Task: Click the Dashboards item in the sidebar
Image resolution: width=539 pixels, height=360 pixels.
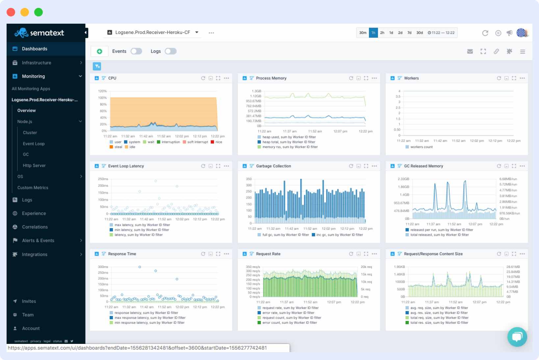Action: point(34,49)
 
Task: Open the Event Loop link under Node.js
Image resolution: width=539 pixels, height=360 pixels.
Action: point(34,144)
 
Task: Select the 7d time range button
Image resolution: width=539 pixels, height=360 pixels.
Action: point(409,33)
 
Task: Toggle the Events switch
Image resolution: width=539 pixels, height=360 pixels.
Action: point(136,51)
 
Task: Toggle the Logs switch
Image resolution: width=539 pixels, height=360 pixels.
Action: point(170,51)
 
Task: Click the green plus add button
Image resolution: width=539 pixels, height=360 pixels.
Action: point(99,51)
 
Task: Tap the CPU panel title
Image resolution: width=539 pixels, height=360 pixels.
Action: point(112,78)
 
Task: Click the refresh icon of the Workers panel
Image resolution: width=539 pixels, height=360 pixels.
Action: point(499,78)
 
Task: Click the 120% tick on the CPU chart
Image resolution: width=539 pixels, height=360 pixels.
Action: point(102,91)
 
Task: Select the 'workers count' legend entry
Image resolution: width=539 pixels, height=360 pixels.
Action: point(421,147)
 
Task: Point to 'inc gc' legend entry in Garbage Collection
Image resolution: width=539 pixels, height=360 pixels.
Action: point(339,235)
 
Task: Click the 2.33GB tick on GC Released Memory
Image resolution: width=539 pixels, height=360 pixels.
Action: point(403,179)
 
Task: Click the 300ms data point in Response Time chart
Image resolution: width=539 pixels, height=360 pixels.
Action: point(140,267)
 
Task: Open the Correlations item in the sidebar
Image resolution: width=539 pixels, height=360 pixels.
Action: point(35,227)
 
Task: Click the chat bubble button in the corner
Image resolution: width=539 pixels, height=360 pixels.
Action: point(517,337)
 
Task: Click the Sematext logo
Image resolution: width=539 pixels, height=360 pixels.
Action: point(39,33)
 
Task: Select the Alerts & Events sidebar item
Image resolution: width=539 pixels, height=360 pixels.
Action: point(38,241)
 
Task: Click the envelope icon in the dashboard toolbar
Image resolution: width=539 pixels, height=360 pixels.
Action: point(470,52)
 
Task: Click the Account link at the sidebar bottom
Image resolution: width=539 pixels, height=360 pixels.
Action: point(31,328)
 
